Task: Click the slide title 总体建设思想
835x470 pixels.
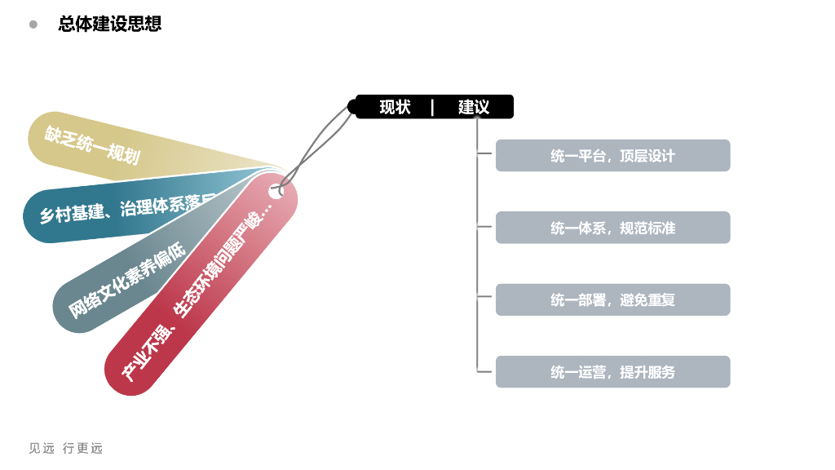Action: coord(110,24)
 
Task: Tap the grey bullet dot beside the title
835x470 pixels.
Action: coord(33,24)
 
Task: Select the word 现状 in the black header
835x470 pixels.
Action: coord(395,107)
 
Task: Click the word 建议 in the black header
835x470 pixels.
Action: coord(474,107)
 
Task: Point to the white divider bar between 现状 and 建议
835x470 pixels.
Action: coord(432,107)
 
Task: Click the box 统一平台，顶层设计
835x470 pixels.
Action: coord(612,156)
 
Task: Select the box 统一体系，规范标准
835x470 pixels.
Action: coord(612,228)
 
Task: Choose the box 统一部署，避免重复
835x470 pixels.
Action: coord(612,299)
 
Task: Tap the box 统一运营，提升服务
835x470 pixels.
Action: coord(612,372)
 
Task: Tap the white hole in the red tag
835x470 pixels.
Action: coord(276,192)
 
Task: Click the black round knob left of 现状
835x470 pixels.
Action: coord(353,107)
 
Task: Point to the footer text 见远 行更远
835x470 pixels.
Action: coord(66,448)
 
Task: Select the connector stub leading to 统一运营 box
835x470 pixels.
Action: coord(486,372)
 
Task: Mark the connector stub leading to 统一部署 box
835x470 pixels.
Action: coord(486,299)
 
